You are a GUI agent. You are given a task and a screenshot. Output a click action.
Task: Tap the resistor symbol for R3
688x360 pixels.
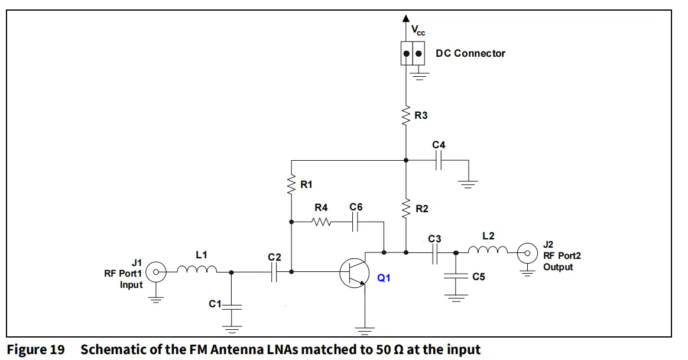tap(406, 115)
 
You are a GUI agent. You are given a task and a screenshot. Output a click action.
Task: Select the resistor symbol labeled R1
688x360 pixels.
tap(291, 185)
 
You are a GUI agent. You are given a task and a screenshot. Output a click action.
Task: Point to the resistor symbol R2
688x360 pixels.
tap(406, 208)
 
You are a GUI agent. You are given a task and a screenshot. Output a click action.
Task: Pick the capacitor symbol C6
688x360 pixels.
tap(356, 222)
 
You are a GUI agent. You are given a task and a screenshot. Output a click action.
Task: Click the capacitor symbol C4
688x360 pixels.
tap(439, 160)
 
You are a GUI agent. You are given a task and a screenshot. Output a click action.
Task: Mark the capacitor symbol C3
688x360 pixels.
tap(434, 252)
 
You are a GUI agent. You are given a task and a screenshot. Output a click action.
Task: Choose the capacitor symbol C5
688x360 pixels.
tap(456, 275)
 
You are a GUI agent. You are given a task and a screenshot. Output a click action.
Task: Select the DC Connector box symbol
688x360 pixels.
tap(413, 54)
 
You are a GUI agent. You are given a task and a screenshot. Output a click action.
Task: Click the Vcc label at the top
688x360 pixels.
tap(418, 31)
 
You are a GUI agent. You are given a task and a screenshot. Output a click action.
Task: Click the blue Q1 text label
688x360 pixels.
tap(384, 277)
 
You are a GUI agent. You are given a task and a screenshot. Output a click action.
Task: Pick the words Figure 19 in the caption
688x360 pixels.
tap(35, 350)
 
